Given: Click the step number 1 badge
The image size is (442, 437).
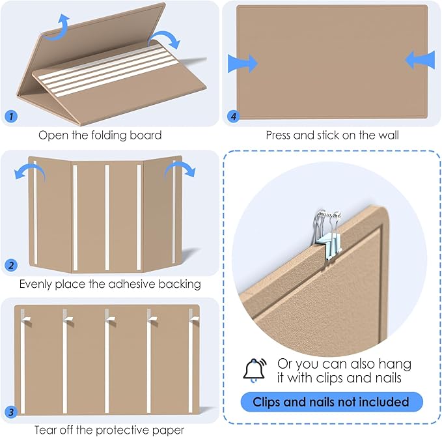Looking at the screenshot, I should coord(11,117).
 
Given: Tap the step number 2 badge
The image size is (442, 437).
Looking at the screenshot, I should coord(11,266).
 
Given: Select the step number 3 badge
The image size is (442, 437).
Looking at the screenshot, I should coord(11,412).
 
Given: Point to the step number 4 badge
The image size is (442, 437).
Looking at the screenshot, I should coord(233,117).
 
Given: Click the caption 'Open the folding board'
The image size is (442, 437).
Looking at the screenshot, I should coord(100,135).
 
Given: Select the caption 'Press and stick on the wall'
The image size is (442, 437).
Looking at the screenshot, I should coord(332,135).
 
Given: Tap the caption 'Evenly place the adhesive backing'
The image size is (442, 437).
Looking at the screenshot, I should coord(109,284).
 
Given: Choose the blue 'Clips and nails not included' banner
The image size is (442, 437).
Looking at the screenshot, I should coord(331,402).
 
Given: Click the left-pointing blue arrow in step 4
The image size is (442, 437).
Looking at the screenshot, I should coord(420,61).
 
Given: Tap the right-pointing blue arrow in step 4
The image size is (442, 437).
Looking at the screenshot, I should coord(243,63).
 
